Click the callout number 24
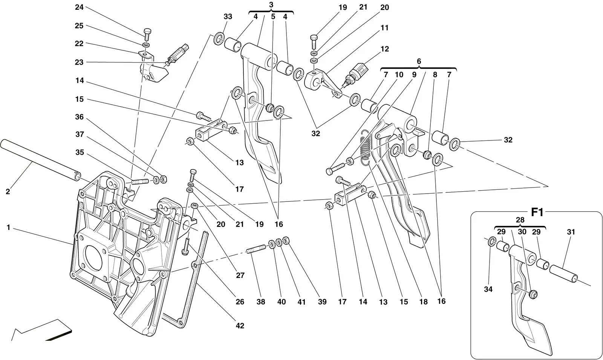pyautogui.click(x=79, y=7)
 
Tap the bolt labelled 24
pyautogui.click(x=147, y=35)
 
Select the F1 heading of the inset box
pyautogui.click(x=537, y=212)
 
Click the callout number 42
pyautogui.click(x=240, y=326)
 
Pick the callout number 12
pyautogui.click(x=385, y=49)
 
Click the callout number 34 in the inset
pyautogui.click(x=488, y=289)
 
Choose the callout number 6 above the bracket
pyautogui.click(x=419, y=61)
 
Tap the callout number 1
pyautogui.click(x=8, y=227)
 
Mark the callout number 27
pyautogui.click(x=240, y=275)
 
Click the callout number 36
pyautogui.click(x=79, y=117)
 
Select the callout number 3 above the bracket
pyautogui.click(x=271, y=5)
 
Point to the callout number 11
pyautogui.click(x=384, y=28)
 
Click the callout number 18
pyautogui.click(x=424, y=302)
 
